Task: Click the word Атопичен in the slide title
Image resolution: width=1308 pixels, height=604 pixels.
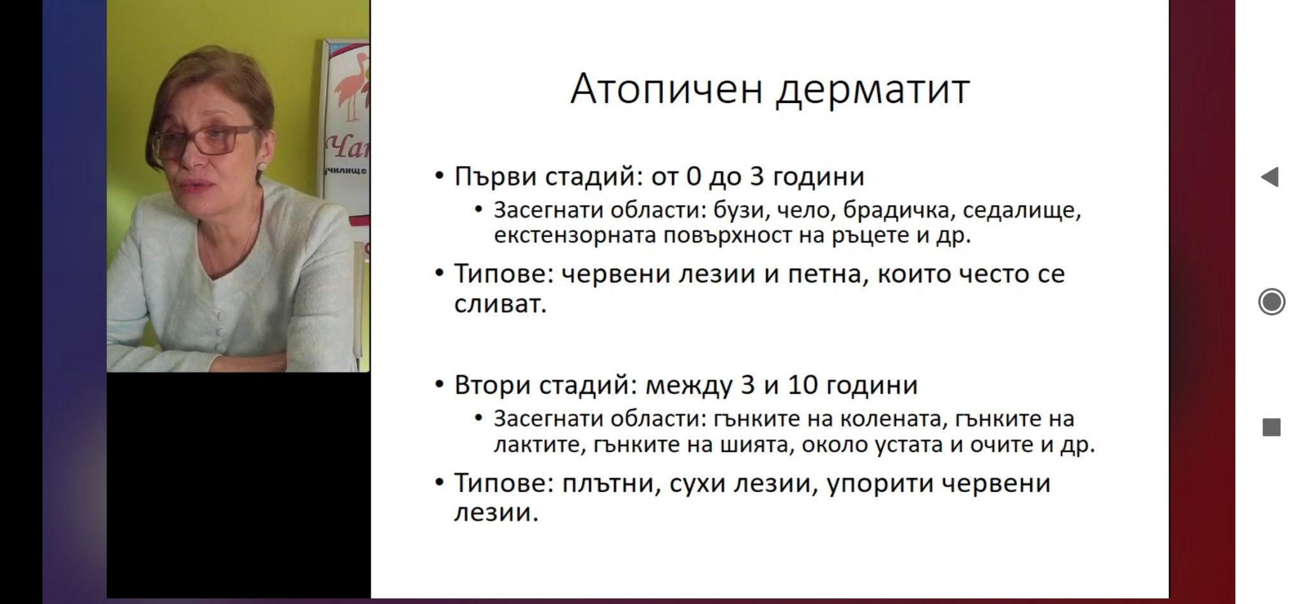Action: pos(667,89)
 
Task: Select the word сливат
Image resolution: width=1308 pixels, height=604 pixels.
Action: pos(500,304)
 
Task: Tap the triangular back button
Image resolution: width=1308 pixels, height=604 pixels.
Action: pos(1270,177)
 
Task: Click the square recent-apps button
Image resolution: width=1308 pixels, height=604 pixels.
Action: pos(1272,428)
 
